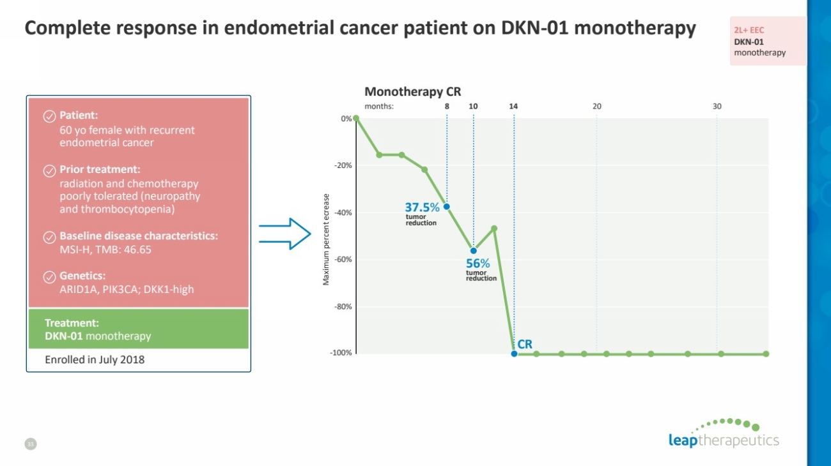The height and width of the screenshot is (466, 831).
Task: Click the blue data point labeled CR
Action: (514, 353)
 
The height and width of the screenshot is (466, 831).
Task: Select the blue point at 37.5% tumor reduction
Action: (447, 206)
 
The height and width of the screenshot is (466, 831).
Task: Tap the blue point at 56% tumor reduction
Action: (474, 250)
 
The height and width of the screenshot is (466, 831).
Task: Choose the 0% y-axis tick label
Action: (346, 119)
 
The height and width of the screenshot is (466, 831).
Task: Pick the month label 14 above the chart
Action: (513, 107)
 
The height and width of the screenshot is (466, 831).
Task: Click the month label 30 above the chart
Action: (717, 107)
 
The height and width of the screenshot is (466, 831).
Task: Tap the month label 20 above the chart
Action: (596, 107)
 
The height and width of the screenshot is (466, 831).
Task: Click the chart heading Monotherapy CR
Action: (412, 92)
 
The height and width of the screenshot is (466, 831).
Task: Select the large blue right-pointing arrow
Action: (284, 234)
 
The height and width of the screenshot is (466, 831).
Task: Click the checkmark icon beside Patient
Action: (49, 116)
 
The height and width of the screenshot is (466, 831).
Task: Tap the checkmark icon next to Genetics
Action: (49, 276)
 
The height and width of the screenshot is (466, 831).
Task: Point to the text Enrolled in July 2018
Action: (95, 360)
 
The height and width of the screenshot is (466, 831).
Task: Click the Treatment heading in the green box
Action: (72, 323)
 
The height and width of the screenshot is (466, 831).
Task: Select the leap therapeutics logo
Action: (724, 434)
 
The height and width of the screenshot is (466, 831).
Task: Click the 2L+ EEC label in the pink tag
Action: (749, 30)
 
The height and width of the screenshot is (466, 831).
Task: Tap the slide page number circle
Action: (29, 444)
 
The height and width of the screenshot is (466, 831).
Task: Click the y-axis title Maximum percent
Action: (326, 239)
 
